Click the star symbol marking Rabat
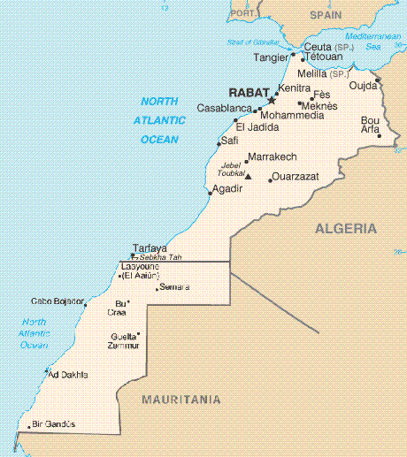pos(272,100)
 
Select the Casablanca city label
pos(224,108)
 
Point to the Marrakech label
pos(272,156)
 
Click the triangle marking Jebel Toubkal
pos(248,177)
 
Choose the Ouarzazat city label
pos(295,177)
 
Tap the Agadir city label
pos(227,188)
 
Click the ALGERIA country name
pos(346,228)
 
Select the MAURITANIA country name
pos(180,400)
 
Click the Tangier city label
pos(272,57)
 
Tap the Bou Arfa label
pos(370,125)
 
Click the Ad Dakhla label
pos(68,375)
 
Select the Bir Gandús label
pos(53,424)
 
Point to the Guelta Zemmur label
pos(123,340)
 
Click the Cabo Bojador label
pos(58,301)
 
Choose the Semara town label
pos(174,287)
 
